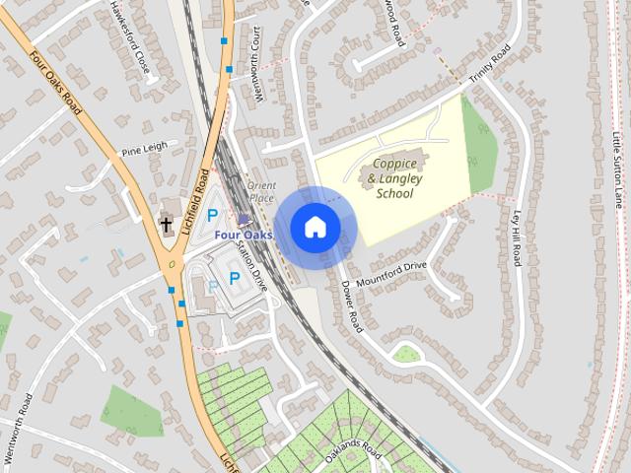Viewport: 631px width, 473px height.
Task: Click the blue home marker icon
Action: coord(315,227)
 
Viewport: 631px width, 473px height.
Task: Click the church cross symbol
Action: coord(168,225)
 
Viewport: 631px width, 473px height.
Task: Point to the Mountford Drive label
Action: coord(391,273)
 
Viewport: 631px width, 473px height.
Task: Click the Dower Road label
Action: coord(352,303)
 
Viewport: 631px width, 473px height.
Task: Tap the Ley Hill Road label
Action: coord(515,237)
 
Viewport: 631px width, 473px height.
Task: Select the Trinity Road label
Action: coord(492,65)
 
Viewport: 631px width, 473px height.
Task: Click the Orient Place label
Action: coord(260,191)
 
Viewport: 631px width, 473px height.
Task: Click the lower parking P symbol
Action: coord(235,279)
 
